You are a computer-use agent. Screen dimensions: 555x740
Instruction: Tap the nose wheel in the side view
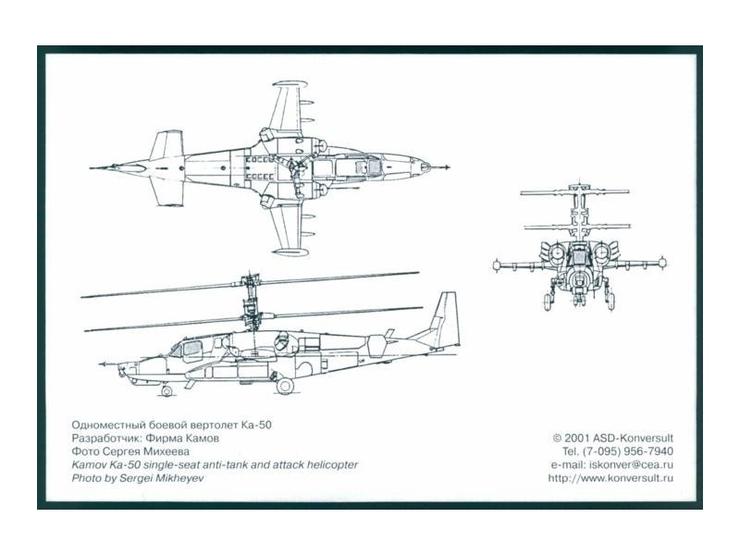pyautogui.click(x=166, y=390)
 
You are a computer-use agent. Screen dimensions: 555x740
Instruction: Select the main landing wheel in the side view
pyautogui.click(x=285, y=386)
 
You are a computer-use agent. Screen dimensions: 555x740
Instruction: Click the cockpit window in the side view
pyautogui.click(x=191, y=350)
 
